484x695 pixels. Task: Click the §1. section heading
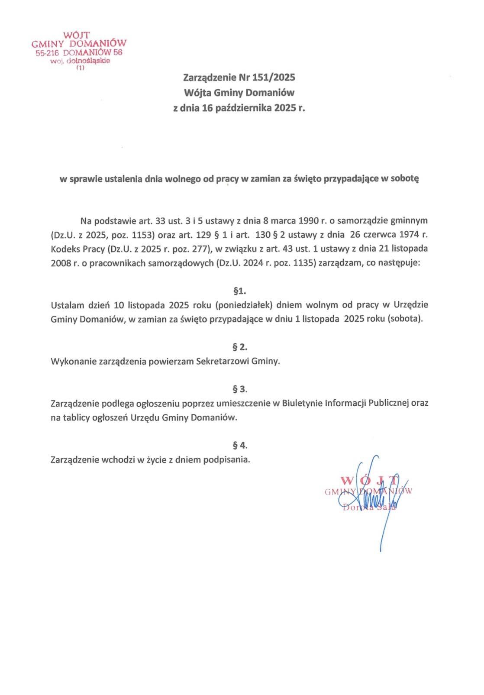[239, 291]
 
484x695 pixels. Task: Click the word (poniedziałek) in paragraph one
[245, 305]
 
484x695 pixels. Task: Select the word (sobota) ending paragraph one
[404, 319]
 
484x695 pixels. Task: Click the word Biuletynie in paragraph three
[301, 404]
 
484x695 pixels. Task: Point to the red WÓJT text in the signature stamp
[369, 481]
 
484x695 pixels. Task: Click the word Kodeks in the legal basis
[64, 249]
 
